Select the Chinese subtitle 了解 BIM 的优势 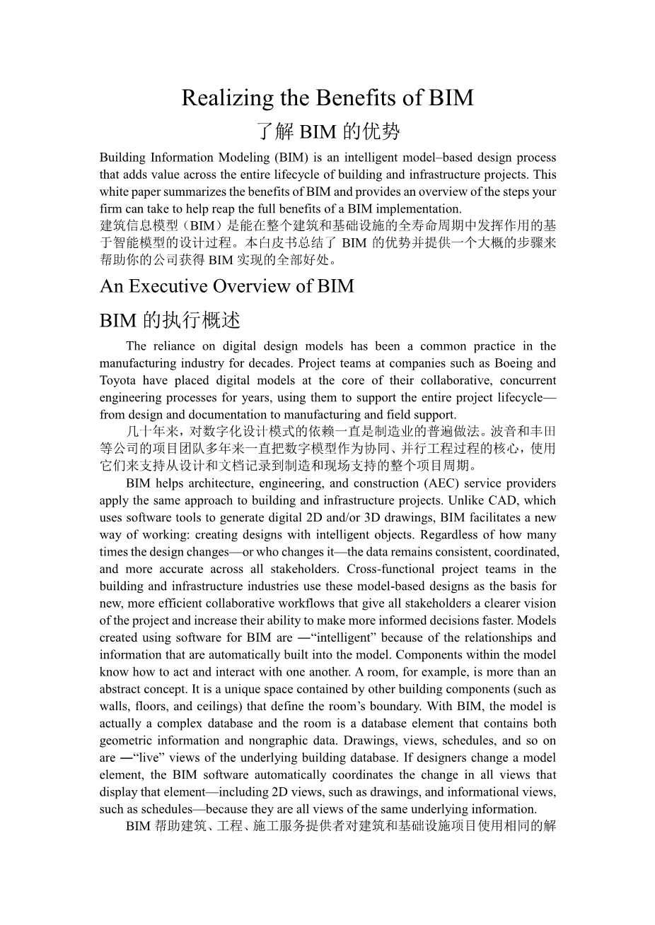[x=327, y=131]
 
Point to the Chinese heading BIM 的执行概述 [x=170, y=320]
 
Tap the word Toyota [x=117, y=380]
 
